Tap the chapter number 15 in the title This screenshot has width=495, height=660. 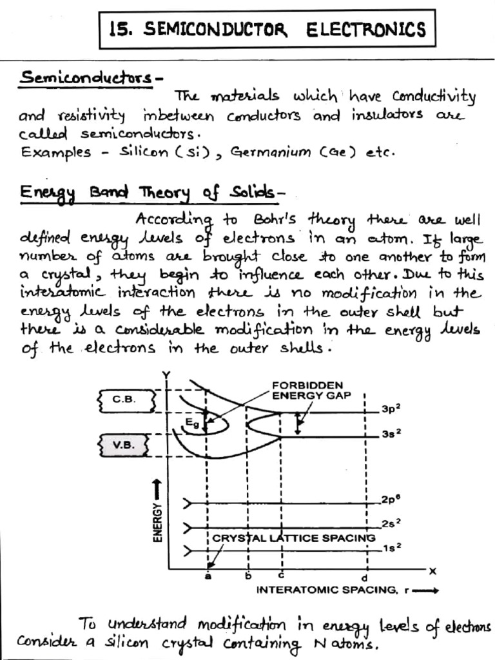coord(121,30)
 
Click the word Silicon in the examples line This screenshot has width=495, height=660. coord(143,153)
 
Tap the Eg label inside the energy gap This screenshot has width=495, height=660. coord(190,422)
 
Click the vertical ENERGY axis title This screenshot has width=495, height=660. coord(157,521)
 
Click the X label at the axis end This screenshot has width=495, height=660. coord(432,570)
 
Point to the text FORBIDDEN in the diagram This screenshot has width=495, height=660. coord(307,385)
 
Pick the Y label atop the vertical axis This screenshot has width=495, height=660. coord(167,376)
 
